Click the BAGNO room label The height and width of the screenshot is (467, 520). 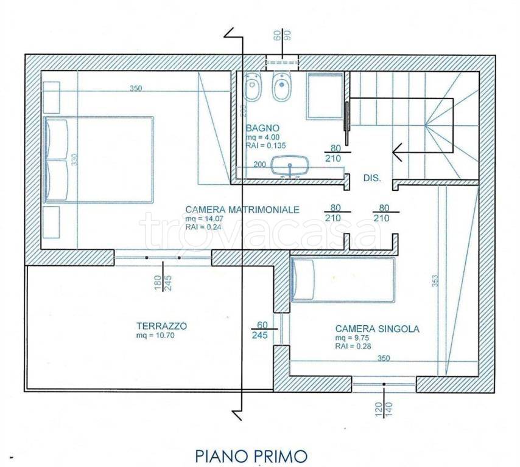pos(262,128)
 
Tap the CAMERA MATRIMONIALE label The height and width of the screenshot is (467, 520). pos(242,209)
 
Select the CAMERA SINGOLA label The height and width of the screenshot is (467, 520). pos(377,328)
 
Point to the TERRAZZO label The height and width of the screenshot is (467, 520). pos(161,326)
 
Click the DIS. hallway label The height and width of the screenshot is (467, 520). pos(371,179)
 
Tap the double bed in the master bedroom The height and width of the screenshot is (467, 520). pos(99,159)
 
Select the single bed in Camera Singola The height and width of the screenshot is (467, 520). pos(342,280)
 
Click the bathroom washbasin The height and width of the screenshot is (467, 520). pos(290,165)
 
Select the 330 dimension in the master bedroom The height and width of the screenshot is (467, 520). pos(74,159)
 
